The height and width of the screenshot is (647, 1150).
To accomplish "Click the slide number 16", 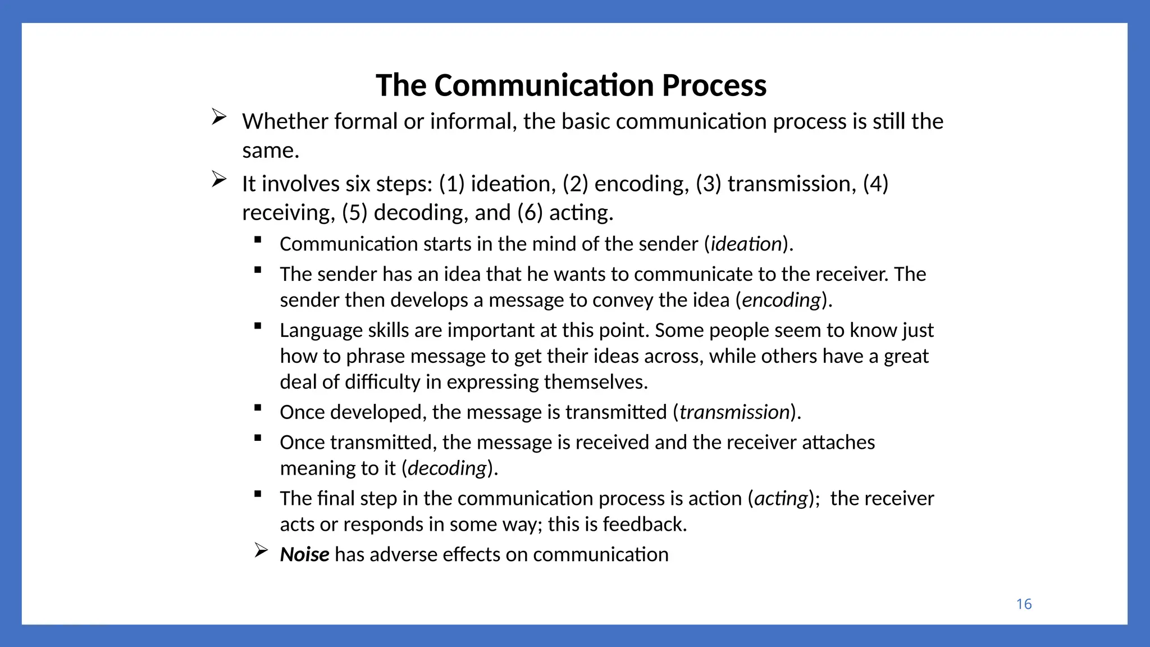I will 1024,604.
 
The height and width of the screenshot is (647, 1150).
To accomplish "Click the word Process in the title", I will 714,85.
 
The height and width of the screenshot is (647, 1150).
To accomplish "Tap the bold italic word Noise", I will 304,554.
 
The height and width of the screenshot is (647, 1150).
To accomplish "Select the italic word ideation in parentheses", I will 746,244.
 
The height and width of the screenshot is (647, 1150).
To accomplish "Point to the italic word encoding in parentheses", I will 782,300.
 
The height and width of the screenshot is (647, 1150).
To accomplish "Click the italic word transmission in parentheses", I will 734,412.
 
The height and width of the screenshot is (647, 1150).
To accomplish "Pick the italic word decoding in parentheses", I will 447,468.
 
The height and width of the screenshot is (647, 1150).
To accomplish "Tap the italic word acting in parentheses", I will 781,499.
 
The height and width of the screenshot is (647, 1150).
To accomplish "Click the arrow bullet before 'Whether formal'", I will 219,117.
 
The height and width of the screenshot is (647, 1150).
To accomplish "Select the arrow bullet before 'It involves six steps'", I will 219,179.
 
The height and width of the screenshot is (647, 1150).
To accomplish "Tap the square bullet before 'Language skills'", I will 258,326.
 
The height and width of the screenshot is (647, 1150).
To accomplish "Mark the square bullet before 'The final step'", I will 258,494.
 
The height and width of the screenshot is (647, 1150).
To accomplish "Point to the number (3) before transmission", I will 709,184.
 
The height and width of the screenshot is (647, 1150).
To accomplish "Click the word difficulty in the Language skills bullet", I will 382,382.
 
